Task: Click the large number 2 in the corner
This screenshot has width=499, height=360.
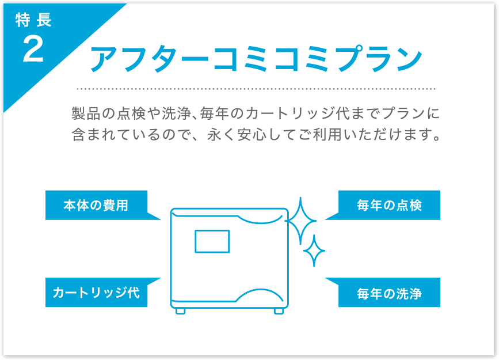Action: pos(33,49)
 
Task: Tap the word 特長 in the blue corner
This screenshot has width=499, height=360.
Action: pos(33,20)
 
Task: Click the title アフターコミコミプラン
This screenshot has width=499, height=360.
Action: pos(256,59)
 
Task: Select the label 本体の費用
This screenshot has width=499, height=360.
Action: pos(96,205)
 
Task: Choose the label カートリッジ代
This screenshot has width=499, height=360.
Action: pos(96,293)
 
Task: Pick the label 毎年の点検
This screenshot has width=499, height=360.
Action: pos(389,205)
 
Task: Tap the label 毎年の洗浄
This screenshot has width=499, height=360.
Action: pos(389,293)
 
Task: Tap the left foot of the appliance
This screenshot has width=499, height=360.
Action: pos(181,311)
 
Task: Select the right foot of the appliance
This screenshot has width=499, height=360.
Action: pos(279,311)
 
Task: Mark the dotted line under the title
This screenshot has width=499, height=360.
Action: pos(256,89)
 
